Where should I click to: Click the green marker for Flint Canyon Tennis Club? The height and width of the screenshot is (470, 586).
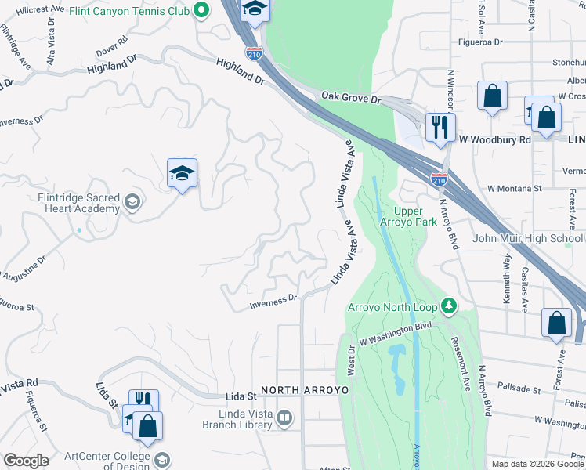tap(202, 10)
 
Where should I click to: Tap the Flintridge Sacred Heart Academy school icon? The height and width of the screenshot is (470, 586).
tap(132, 203)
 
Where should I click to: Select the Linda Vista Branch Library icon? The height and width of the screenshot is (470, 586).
tap(284, 419)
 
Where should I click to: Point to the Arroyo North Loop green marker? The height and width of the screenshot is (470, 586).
tap(450, 305)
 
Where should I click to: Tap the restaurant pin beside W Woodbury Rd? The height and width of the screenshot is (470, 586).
tap(439, 127)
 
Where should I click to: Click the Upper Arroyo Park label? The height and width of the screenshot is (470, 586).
tap(414, 217)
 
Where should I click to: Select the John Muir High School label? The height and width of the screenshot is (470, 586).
tap(527, 238)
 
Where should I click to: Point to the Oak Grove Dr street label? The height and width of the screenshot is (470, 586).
tap(350, 97)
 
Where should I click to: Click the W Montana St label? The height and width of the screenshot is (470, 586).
tap(514, 189)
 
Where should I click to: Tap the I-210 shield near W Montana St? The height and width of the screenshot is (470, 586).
tap(439, 179)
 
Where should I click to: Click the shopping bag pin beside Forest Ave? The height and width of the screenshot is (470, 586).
tap(556, 323)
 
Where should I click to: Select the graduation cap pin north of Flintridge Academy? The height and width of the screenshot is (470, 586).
tap(182, 174)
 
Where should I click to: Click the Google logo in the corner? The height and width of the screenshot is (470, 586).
tap(26, 461)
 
